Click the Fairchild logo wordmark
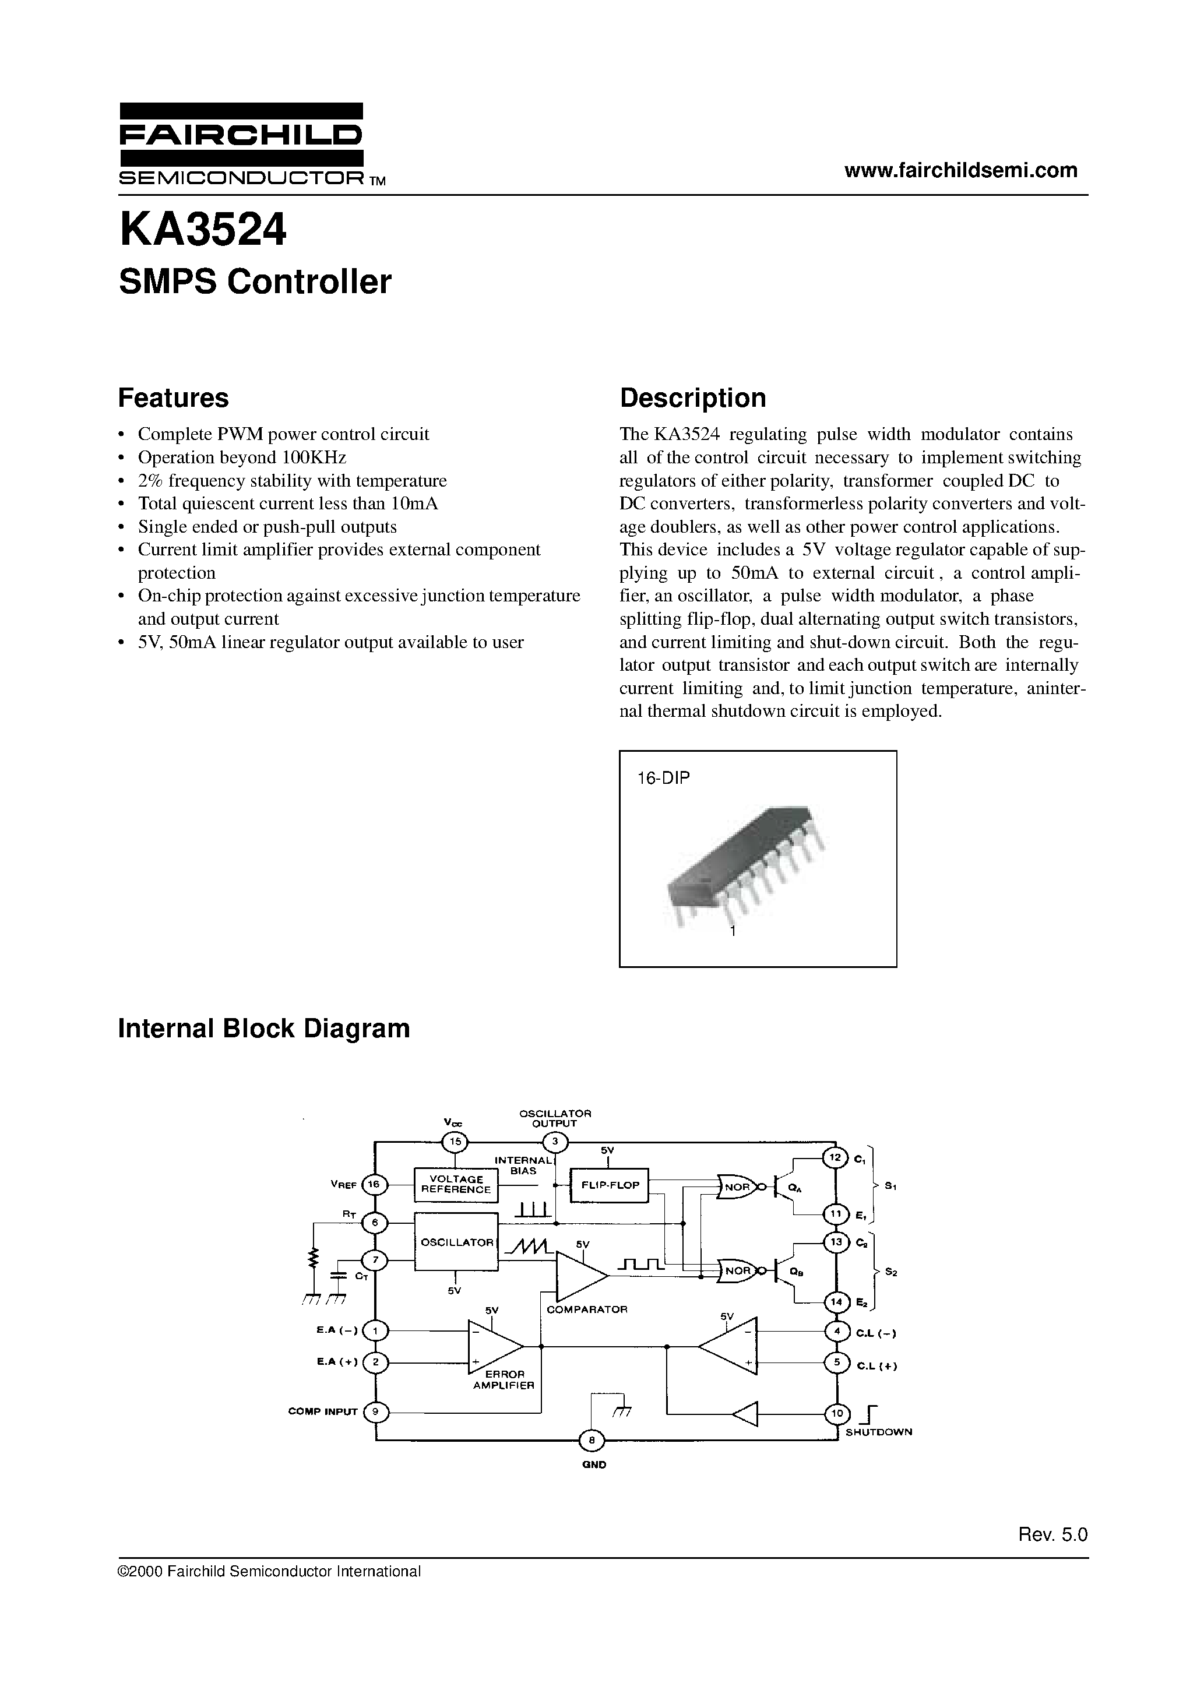(x=241, y=135)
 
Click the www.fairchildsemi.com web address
(x=960, y=170)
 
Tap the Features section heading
(x=174, y=398)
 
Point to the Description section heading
(x=692, y=398)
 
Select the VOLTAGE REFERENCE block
(x=456, y=1184)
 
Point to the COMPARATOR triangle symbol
(x=580, y=1275)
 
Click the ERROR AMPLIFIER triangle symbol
(x=492, y=1346)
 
